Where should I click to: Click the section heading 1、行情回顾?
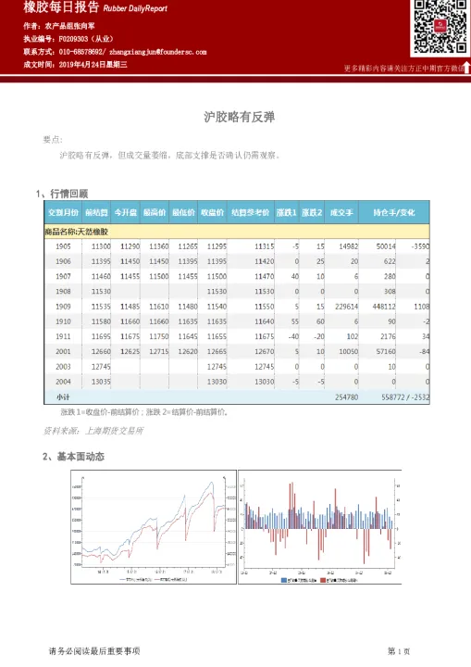[x=61, y=194]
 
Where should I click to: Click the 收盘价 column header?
[x=213, y=212]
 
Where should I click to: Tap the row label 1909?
[x=63, y=306]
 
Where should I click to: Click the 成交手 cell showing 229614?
[x=344, y=306]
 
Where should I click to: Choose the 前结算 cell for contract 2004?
[x=101, y=380]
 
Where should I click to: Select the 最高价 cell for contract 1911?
[x=183, y=335]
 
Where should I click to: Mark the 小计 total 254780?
[x=344, y=396]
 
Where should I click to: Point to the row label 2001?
[x=63, y=350]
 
